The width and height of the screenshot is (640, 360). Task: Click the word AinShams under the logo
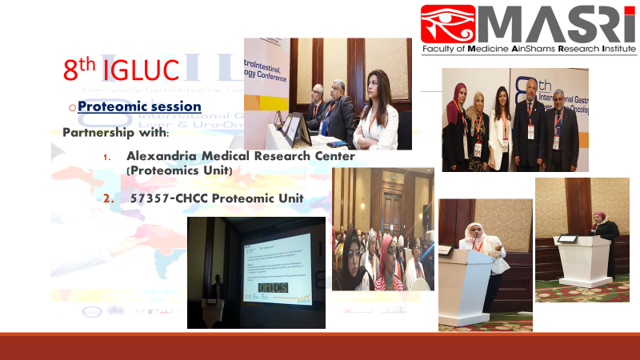[522, 49]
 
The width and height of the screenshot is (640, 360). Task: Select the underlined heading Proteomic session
[139, 106]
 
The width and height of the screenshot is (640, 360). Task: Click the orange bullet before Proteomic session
[71, 106]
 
